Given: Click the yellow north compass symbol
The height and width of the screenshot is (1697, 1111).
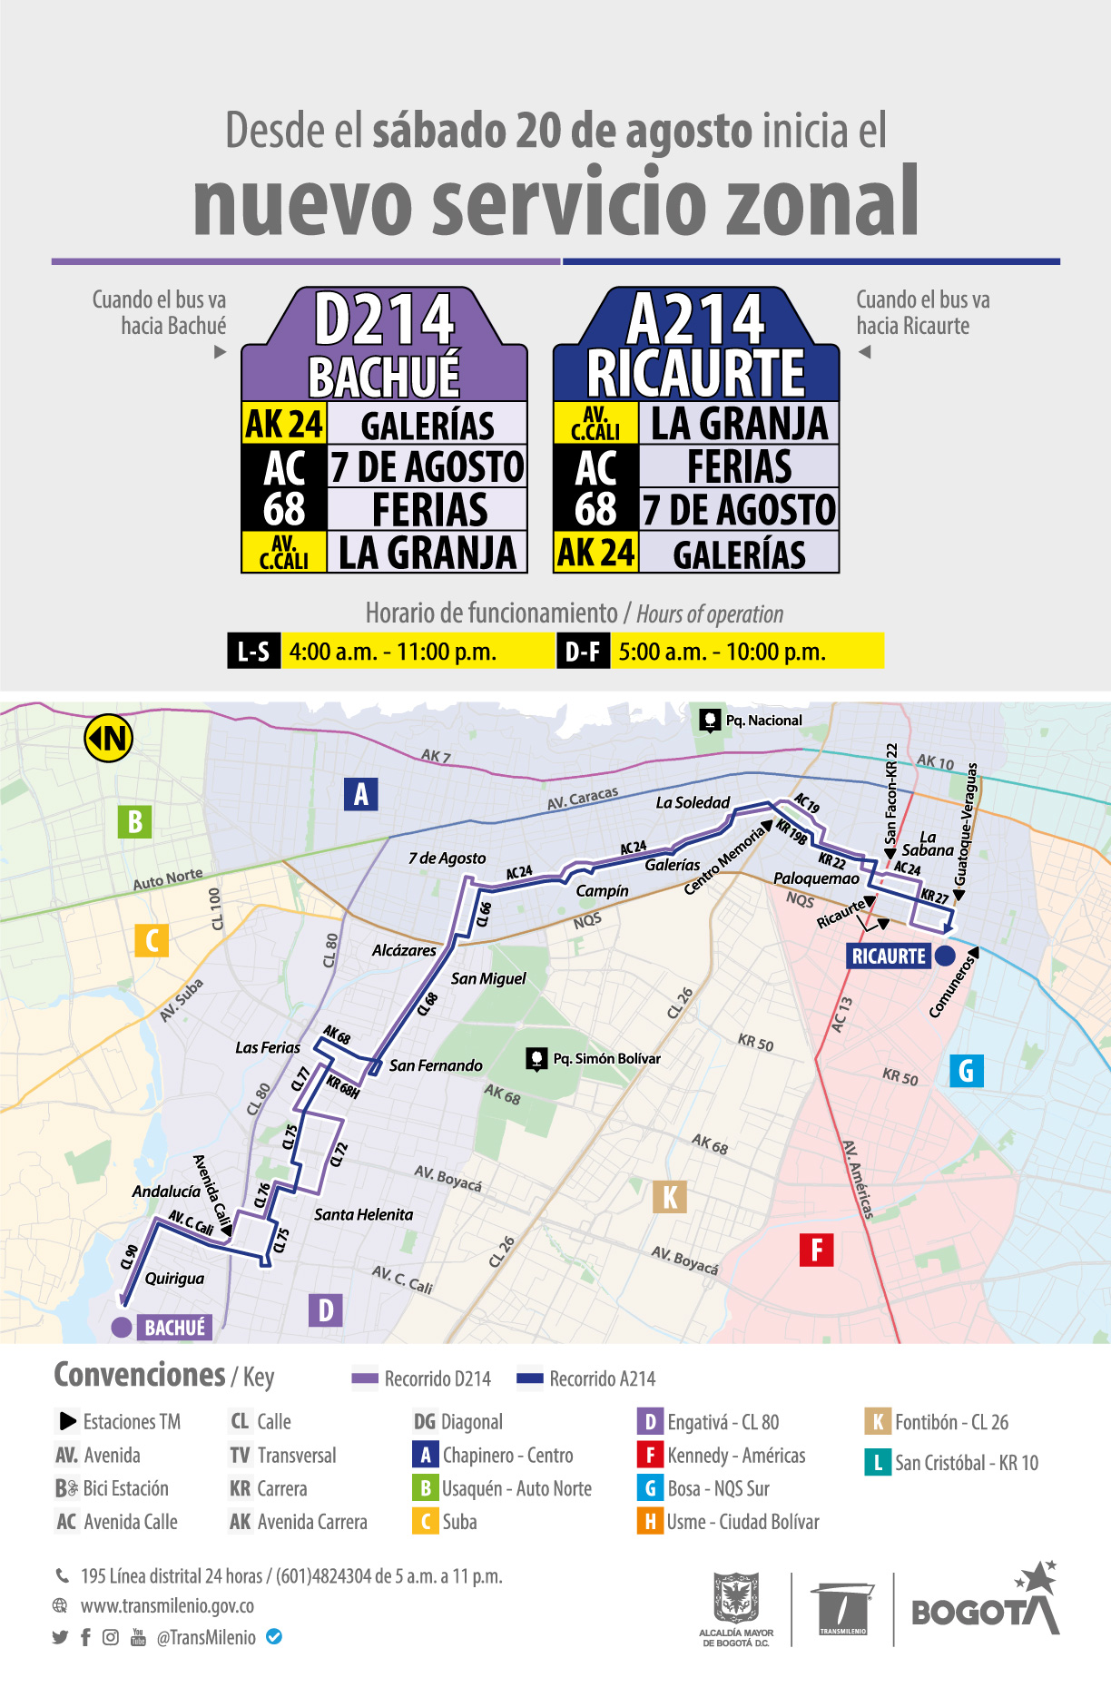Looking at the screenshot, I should [x=109, y=739].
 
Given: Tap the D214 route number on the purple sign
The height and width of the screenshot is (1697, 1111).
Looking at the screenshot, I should [x=384, y=319].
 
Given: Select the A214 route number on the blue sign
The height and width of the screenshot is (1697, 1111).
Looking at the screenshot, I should [x=696, y=319].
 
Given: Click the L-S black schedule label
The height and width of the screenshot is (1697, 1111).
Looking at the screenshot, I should [x=253, y=652].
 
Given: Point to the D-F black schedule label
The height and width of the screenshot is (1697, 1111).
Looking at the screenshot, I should [x=582, y=652].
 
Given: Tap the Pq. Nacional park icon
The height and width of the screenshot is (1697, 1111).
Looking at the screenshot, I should [x=710, y=721].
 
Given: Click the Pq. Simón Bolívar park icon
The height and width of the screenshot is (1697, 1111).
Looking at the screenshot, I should [x=537, y=1059].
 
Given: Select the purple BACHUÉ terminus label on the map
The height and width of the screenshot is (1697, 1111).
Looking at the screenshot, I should [x=175, y=1328].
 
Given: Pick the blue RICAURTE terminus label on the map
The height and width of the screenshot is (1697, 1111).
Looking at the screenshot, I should [x=889, y=956].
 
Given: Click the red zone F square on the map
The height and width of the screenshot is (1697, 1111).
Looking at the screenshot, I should [x=816, y=1250].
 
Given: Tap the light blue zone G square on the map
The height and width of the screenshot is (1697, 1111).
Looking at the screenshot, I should [x=966, y=1071].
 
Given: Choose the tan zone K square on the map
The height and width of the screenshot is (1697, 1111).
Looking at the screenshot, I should [x=670, y=1197].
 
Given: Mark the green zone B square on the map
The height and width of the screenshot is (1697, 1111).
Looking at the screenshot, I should [x=134, y=821].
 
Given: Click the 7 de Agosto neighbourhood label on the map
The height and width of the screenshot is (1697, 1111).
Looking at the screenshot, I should [x=447, y=858].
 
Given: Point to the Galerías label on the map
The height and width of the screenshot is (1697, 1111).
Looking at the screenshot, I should [x=673, y=865].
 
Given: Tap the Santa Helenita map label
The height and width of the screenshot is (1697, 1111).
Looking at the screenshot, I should [x=363, y=1214].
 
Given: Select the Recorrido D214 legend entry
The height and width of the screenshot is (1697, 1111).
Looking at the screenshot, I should [x=422, y=1378].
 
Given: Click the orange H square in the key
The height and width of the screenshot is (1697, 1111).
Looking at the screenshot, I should [x=650, y=1522].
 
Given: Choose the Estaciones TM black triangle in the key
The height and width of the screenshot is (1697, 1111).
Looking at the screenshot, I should [x=68, y=1421].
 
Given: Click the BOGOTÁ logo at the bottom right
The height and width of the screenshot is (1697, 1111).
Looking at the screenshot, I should [x=985, y=1606].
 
